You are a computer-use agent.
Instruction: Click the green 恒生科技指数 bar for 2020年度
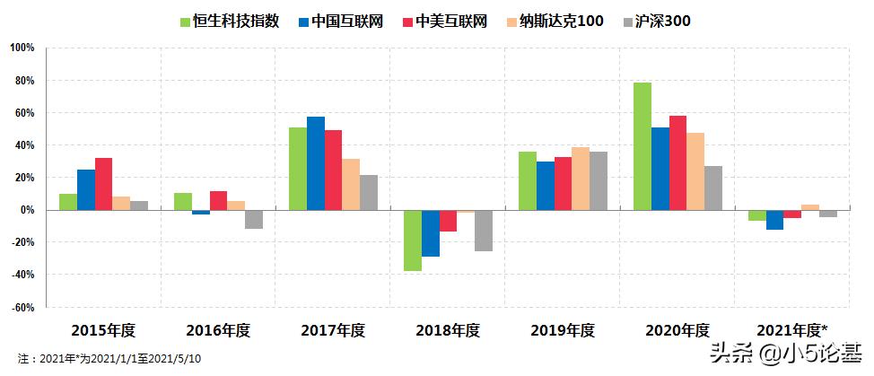tap(642, 146)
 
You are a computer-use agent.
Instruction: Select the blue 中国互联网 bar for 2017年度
tap(316, 163)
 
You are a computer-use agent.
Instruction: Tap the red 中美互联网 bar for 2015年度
tap(103, 184)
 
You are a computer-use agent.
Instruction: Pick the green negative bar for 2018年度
tap(413, 240)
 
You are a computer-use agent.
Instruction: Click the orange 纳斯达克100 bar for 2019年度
tap(581, 179)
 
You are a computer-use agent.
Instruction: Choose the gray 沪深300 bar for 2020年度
tap(712, 188)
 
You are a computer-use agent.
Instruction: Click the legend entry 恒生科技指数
tap(230, 21)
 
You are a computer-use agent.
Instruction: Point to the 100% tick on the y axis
tap(22, 48)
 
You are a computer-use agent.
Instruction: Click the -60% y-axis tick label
tap(21, 307)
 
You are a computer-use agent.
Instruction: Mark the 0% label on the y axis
tap(26, 210)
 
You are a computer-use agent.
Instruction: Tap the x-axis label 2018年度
tap(448, 330)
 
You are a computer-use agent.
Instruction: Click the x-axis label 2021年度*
tap(792, 330)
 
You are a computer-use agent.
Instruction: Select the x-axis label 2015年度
tap(103, 330)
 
